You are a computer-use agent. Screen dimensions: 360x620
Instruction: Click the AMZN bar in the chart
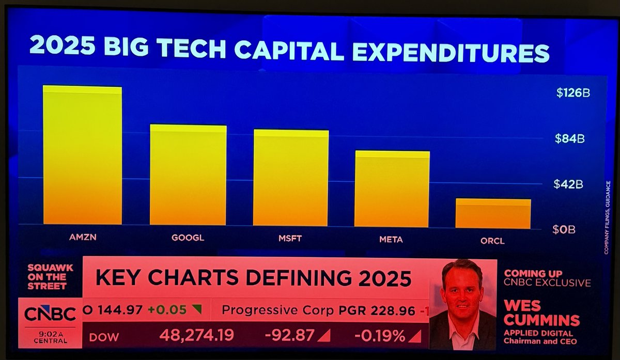82,155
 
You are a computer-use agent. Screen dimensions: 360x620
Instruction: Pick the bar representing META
392,189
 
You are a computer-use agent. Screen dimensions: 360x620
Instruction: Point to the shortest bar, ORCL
493,214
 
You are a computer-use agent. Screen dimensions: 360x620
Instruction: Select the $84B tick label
569,139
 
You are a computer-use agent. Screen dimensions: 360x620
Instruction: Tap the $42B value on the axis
569,184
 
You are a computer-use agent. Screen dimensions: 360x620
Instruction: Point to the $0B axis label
564,230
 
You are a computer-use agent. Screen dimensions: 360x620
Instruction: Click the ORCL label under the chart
492,241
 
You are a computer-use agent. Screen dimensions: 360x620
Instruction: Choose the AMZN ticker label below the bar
83,238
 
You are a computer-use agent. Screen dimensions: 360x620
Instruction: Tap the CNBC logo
50,314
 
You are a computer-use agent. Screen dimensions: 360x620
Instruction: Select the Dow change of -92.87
289,336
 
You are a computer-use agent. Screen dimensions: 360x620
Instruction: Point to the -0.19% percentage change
380,336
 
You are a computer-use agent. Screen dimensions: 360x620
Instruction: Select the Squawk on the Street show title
51,276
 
